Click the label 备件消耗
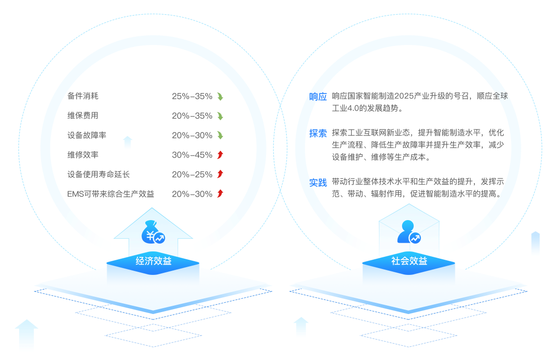pos(83,96)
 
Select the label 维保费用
pos(83,116)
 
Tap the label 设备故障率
pos(87,135)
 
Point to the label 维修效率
pos(83,155)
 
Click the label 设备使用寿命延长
pos(98,175)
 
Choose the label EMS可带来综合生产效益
pos(111,194)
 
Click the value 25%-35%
pos(192,96)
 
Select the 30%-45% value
pos(192,155)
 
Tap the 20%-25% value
pos(192,175)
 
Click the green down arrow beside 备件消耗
pos(220,96)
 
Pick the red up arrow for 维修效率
pos(220,155)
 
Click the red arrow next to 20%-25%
pos(220,175)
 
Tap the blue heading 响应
pos(318,96)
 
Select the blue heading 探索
pos(318,133)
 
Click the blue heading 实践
pos(318,182)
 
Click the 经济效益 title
pos(154,261)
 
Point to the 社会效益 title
pos(409,261)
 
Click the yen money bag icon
pos(153,236)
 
